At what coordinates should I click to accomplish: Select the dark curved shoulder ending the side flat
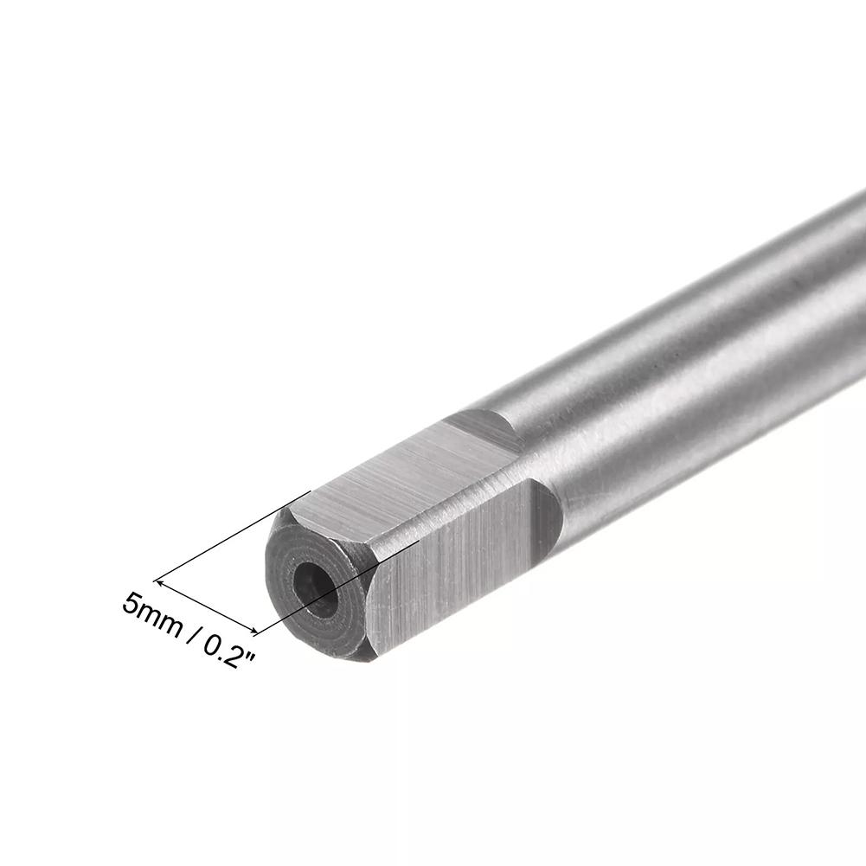coord(546,519)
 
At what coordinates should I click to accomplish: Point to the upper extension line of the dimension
coord(234,536)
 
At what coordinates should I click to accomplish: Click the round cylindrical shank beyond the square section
coord(692,363)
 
